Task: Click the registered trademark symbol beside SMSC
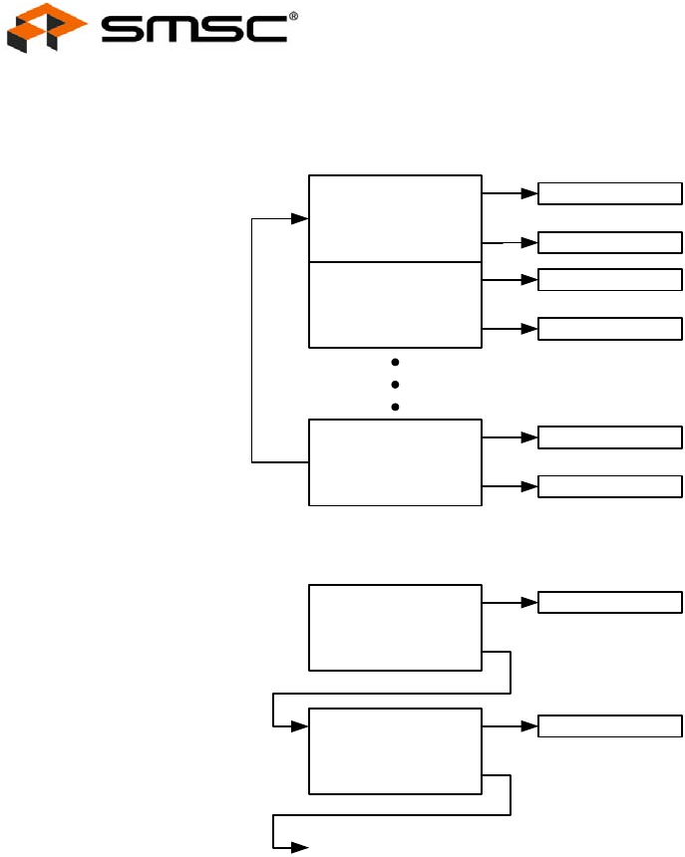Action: point(293,16)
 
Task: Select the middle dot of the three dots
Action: point(396,385)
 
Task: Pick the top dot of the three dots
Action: point(396,363)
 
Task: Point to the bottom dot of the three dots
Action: point(396,407)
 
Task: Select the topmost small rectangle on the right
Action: point(610,193)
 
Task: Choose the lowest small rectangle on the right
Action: point(610,726)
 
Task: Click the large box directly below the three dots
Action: point(395,462)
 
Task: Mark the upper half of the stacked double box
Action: point(395,218)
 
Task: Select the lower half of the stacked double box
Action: point(395,305)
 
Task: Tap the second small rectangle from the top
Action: point(610,242)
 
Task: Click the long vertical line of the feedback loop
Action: point(252,339)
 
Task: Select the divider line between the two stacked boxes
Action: point(395,262)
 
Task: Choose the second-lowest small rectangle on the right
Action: point(610,603)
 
